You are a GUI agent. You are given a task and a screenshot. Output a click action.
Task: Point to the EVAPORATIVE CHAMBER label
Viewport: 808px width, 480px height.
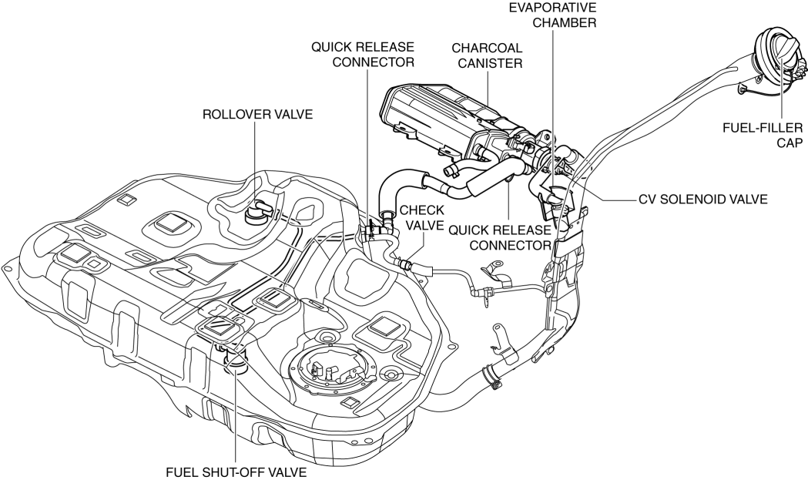pyautogui.click(x=552, y=15)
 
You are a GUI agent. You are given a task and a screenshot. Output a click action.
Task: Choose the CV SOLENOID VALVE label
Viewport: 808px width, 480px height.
pyautogui.click(x=703, y=199)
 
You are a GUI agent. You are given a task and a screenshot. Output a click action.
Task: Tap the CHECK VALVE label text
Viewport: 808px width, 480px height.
pyautogui.click(x=422, y=217)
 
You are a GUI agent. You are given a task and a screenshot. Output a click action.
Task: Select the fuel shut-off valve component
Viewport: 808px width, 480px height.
pyautogui.click(x=233, y=357)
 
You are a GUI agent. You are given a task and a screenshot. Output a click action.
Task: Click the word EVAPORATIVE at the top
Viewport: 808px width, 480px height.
pyautogui.click(x=552, y=7)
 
